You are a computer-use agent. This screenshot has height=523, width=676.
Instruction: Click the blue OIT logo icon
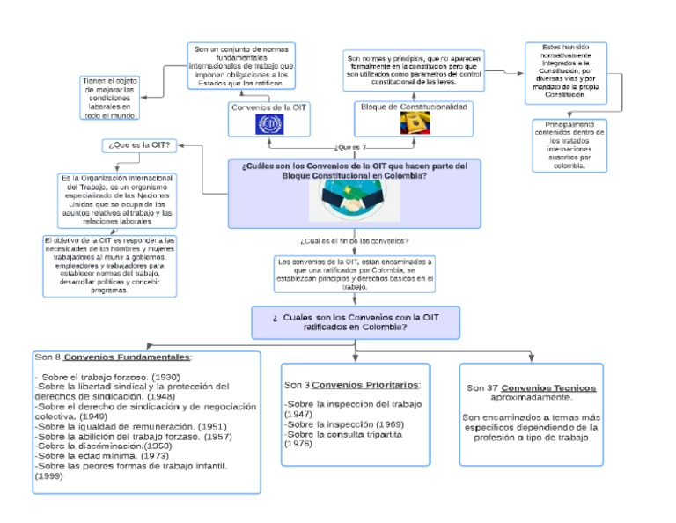(268, 124)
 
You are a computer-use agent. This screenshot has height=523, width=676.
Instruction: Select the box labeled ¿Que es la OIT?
(137, 145)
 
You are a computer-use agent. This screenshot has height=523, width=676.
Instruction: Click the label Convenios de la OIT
(268, 107)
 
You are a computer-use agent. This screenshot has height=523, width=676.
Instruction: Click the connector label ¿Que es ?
(350, 147)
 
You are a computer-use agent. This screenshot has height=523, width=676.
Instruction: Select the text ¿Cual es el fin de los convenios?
(354, 240)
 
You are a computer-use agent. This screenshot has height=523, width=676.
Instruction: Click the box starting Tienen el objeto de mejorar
(109, 97)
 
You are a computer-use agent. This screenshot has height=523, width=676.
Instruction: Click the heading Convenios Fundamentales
(127, 357)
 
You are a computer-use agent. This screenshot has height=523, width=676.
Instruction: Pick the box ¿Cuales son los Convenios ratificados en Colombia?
(356, 321)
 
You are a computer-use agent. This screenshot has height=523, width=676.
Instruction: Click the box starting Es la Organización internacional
(117, 199)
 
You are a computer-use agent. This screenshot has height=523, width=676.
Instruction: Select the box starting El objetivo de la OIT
(109, 264)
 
